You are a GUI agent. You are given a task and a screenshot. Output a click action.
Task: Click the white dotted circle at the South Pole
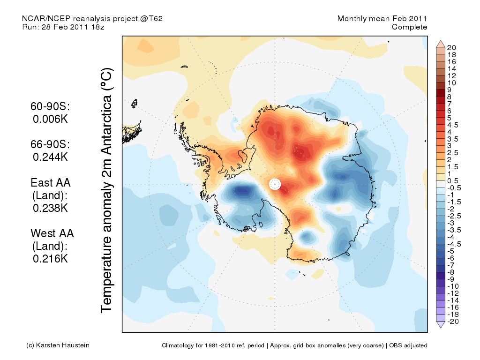275,184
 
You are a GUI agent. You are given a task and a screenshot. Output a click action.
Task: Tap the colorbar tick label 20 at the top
451,47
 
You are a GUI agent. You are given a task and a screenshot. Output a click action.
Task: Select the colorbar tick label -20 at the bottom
452,321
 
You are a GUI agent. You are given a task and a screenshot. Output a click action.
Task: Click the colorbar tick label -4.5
454,244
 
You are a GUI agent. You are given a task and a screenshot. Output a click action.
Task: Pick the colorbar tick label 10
451,82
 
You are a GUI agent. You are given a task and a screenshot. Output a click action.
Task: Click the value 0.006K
51,119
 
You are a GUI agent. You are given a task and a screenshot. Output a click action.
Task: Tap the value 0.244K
51,157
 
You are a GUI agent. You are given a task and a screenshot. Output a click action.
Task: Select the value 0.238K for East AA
51,208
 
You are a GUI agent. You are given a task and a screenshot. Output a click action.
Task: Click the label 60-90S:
51,107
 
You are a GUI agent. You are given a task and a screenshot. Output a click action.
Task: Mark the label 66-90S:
51,144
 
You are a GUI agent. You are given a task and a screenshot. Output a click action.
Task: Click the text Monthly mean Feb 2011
382,19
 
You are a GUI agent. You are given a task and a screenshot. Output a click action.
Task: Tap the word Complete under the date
409,27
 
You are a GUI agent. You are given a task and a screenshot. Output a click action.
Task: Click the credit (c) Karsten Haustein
57,345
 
